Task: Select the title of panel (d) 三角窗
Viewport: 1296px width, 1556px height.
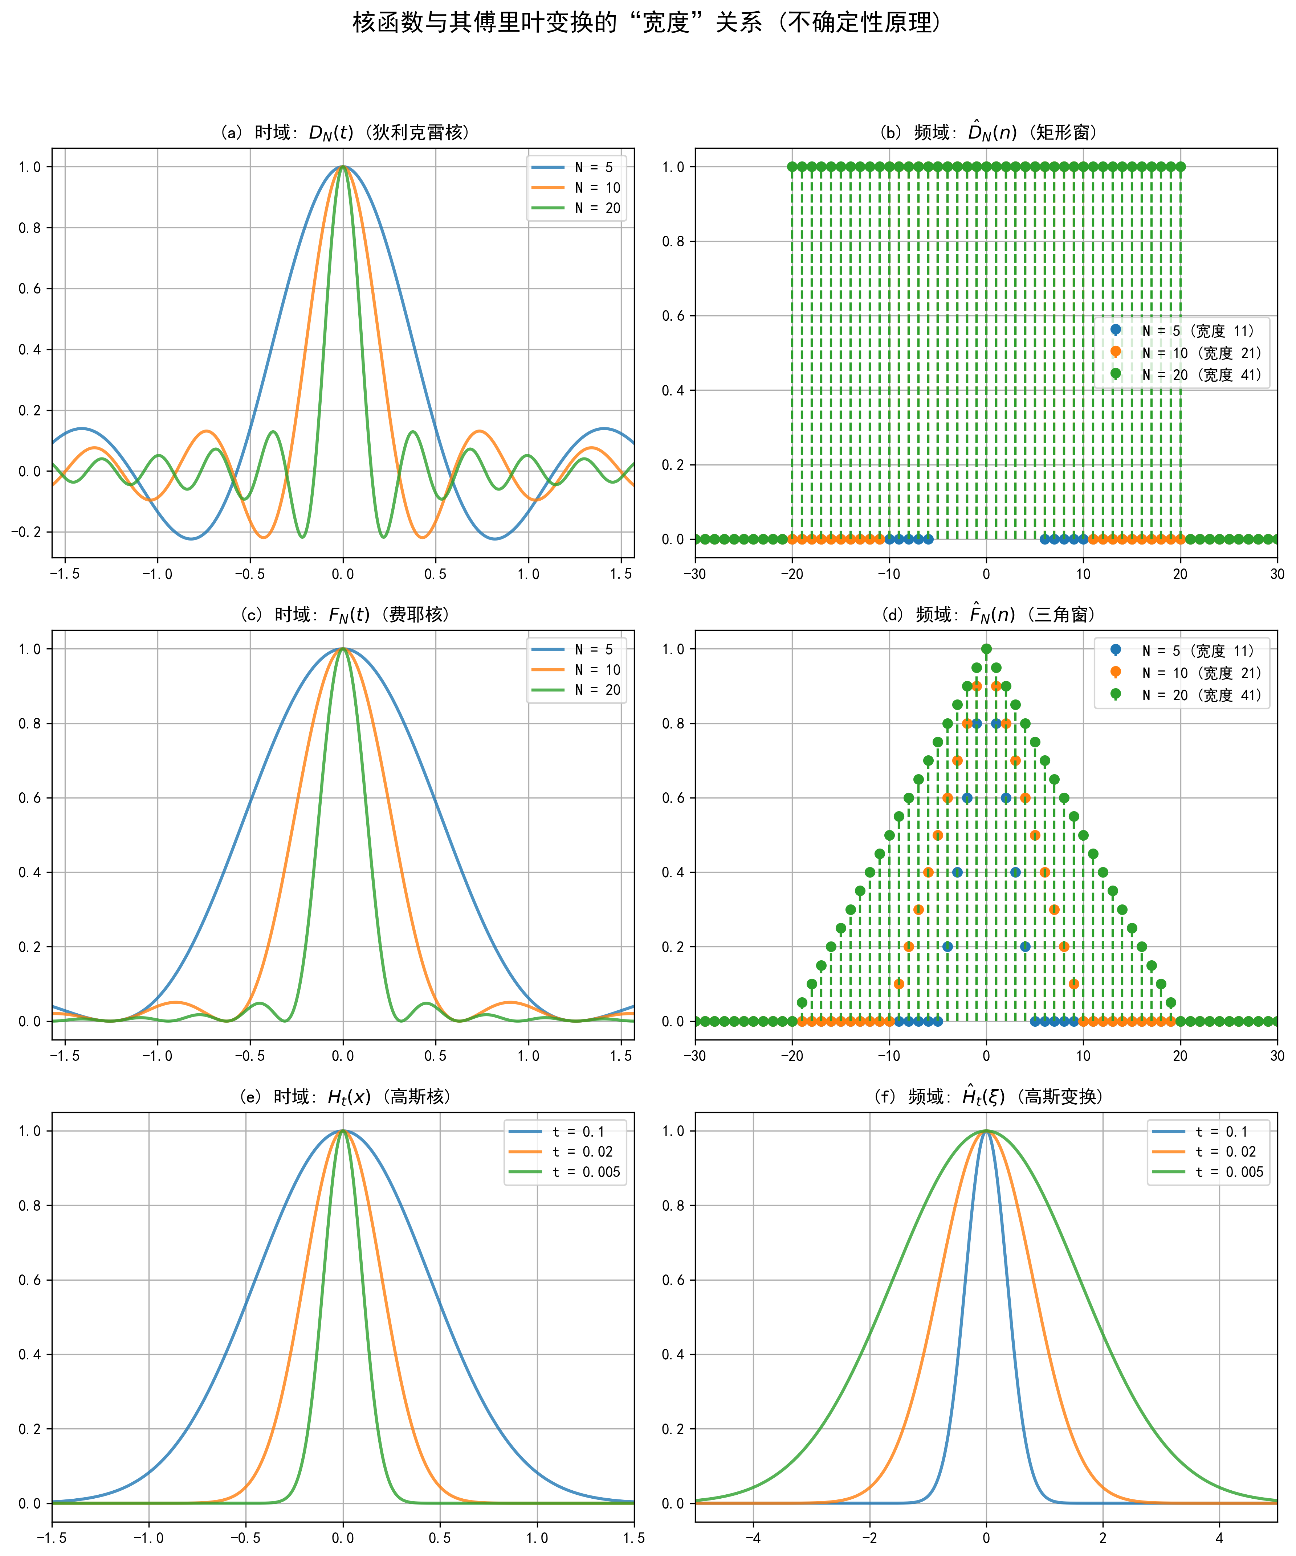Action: click(x=986, y=614)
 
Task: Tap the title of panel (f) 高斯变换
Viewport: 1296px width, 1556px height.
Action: click(x=986, y=1096)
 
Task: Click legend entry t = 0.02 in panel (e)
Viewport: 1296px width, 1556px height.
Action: click(x=582, y=1151)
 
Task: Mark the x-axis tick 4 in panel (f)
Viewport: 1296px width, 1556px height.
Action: click(x=1219, y=1537)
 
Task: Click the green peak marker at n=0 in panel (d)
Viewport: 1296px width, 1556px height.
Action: click(x=986, y=649)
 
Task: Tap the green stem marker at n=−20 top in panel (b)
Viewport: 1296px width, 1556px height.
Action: click(x=792, y=167)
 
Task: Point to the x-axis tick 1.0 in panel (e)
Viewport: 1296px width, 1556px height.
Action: click(x=537, y=1537)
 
